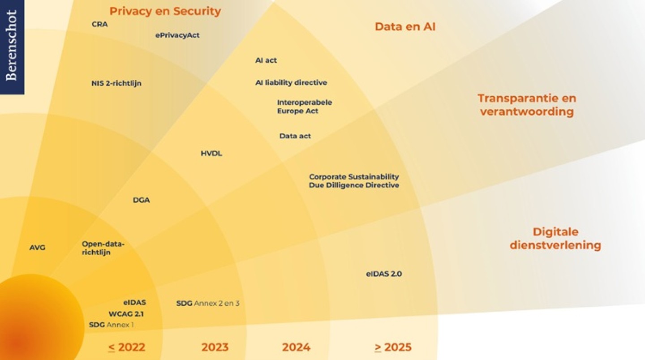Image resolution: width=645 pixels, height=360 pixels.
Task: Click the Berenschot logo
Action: pyautogui.click(x=12, y=47)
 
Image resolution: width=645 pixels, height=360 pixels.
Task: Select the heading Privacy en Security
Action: pyautogui.click(x=165, y=11)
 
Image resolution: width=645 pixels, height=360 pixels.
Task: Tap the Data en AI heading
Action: pyautogui.click(x=405, y=27)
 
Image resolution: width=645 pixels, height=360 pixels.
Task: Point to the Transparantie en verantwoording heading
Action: pyautogui.click(x=527, y=105)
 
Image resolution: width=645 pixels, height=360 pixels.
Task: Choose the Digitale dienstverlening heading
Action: pyautogui.click(x=555, y=238)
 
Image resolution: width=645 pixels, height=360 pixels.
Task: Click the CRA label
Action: pyautogui.click(x=99, y=24)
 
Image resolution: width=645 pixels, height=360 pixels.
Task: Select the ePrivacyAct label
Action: pyautogui.click(x=177, y=35)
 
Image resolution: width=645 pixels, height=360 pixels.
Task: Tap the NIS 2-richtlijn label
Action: pyautogui.click(x=116, y=83)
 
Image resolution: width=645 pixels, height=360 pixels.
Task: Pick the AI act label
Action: pyautogui.click(x=266, y=60)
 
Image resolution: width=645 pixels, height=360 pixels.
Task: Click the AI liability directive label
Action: pyautogui.click(x=291, y=82)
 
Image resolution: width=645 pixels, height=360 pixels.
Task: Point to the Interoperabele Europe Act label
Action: pyautogui.click(x=304, y=107)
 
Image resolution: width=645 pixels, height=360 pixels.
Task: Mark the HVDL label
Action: pyautogui.click(x=211, y=154)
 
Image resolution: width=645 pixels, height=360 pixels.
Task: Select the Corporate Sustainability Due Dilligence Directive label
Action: pyautogui.click(x=354, y=181)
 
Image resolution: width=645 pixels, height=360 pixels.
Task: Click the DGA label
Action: pyautogui.click(x=141, y=200)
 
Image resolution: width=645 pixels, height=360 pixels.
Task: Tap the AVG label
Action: pyautogui.click(x=37, y=248)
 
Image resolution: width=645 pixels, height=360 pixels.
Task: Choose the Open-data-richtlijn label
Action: pyautogui.click(x=103, y=248)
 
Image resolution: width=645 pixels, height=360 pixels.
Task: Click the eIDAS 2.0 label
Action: pyautogui.click(x=384, y=274)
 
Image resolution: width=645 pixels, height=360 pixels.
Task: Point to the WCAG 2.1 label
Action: pyautogui.click(x=126, y=314)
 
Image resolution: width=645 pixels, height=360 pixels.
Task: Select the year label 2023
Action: pyautogui.click(x=215, y=347)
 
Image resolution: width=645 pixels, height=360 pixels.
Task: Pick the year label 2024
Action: pyautogui.click(x=296, y=347)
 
